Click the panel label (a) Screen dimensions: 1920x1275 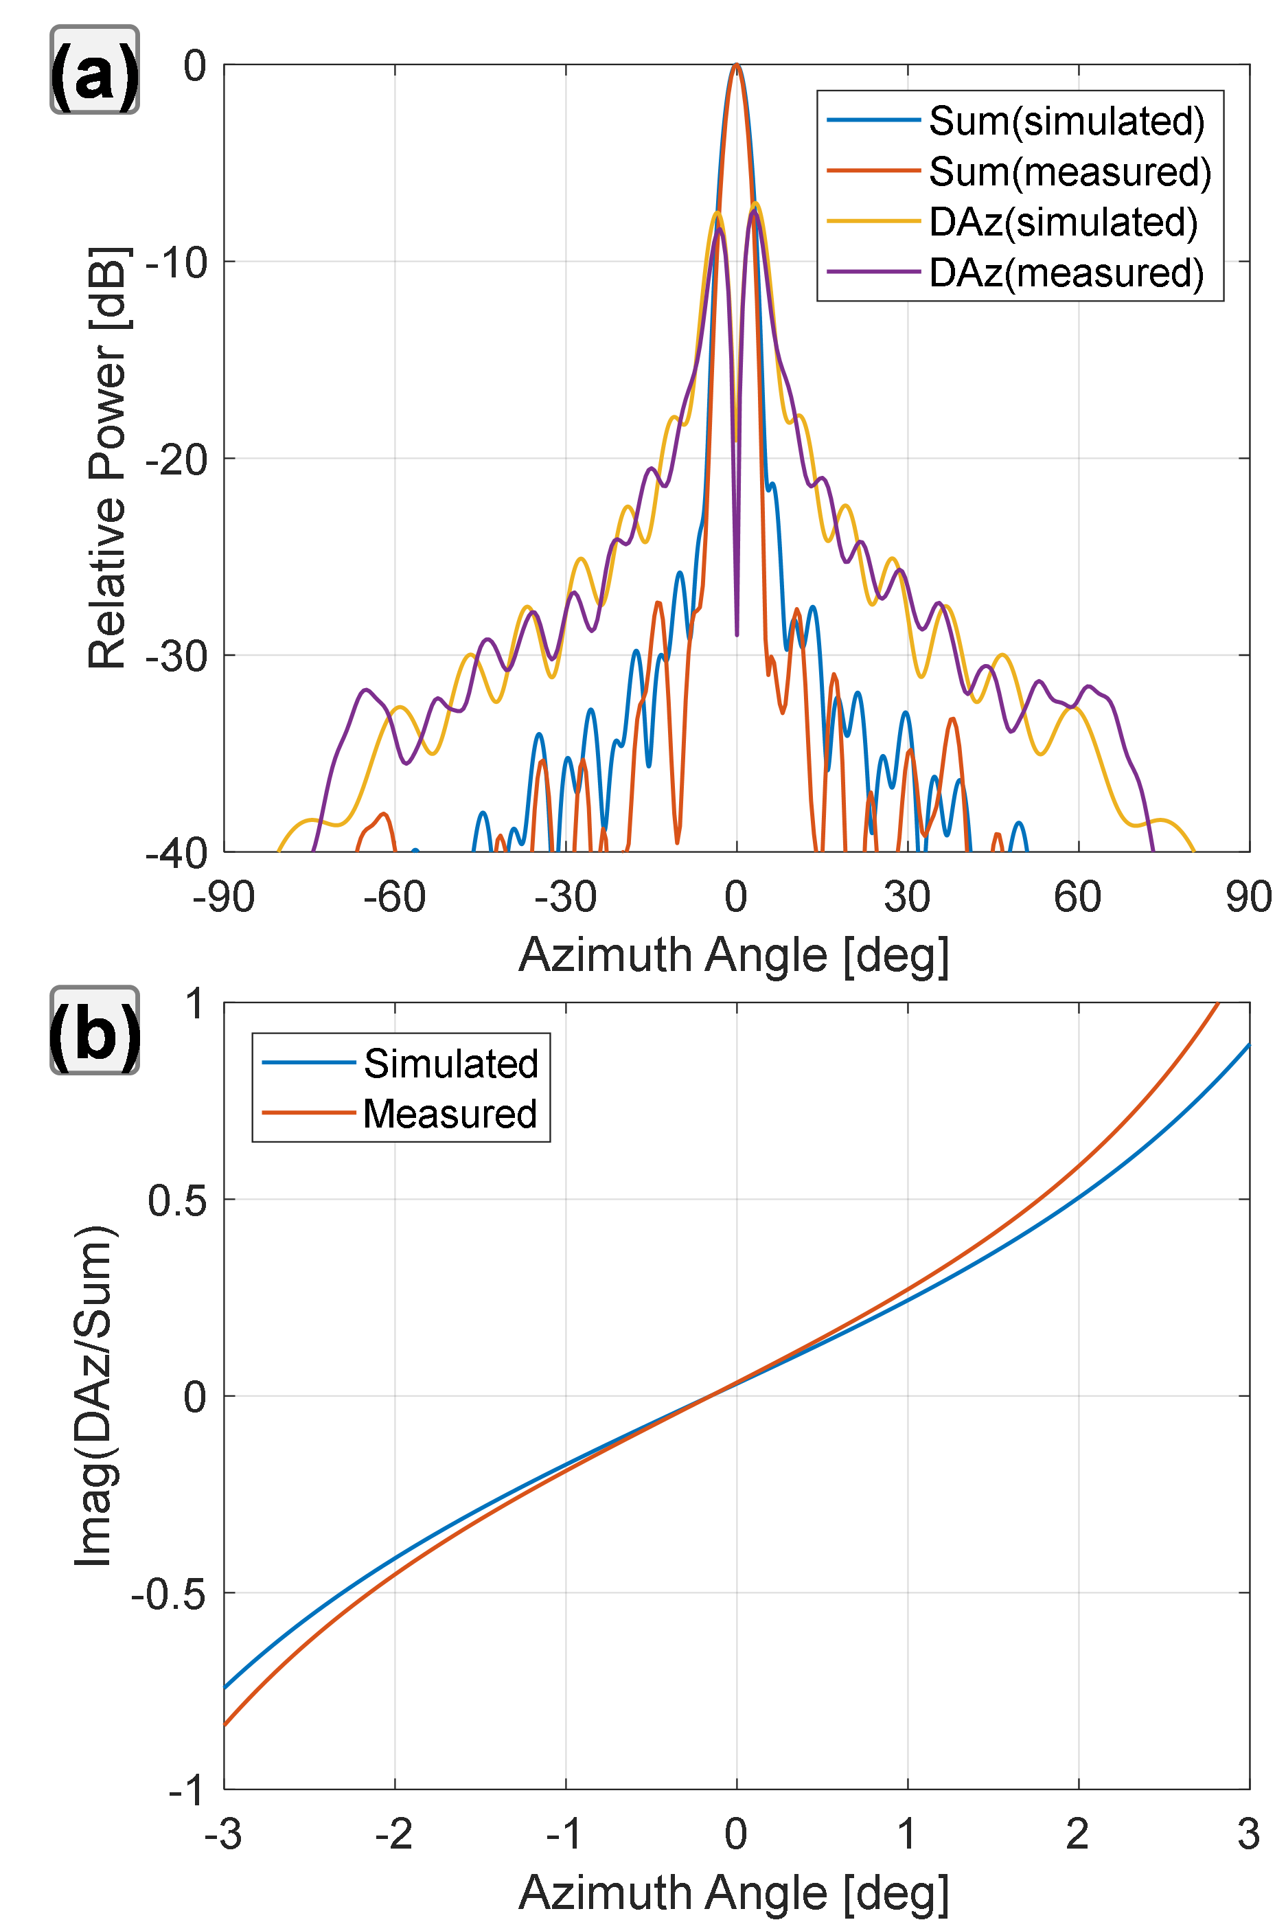point(94,71)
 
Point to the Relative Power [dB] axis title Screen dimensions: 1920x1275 point(108,458)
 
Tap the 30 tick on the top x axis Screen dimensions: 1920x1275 point(908,898)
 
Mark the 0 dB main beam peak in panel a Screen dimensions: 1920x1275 point(737,65)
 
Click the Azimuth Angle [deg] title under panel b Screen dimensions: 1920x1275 point(733,1892)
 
